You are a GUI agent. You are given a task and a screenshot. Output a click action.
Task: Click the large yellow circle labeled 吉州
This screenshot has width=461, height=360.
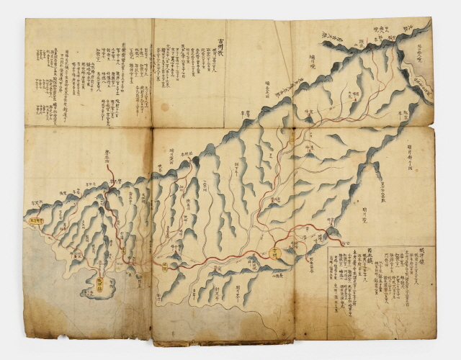[x=276, y=252]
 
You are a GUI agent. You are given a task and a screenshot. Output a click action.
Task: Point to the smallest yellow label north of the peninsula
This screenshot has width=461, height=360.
[x=123, y=251]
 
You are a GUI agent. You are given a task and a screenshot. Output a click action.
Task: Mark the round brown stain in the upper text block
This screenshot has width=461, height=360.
[x=165, y=107]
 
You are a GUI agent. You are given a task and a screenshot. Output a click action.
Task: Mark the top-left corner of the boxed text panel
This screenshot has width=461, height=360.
[x=328, y=248]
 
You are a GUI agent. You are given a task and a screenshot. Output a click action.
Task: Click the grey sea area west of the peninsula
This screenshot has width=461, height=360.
[x=50, y=288]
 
